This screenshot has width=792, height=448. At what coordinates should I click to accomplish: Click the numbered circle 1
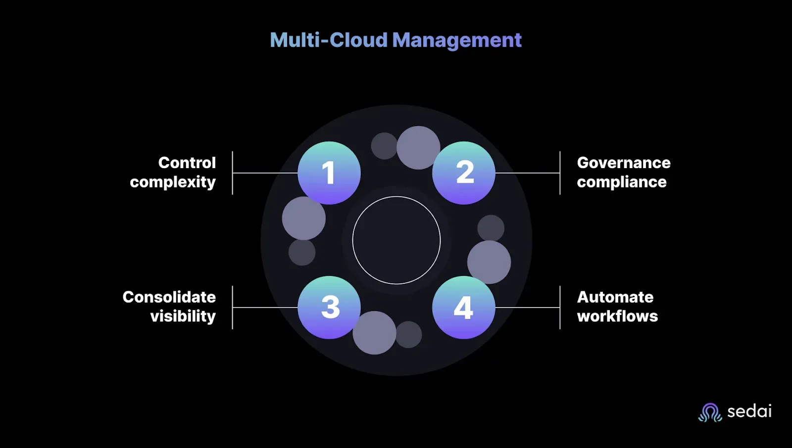pos(329,173)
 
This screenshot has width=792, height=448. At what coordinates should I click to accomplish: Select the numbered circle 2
pos(463,173)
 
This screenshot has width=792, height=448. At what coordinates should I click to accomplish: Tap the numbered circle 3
pos(329,308)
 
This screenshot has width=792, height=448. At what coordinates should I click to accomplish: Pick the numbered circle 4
pos(463,308)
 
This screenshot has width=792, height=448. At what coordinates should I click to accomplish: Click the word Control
pos(187,163)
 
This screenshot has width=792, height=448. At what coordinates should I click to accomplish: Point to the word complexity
pos(173,182)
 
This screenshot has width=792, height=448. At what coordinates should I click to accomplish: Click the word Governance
pos(624,163)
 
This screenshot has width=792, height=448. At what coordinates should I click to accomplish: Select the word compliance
pos(622,182)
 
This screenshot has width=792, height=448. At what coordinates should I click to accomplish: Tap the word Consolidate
pos(169,297)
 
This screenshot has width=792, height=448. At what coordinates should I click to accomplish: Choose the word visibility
pos(183,316)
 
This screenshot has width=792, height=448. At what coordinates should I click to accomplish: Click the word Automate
pos(615,297)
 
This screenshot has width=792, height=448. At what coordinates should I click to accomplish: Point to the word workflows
pos(617,316)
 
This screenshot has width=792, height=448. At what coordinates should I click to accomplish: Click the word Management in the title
pos(457,41)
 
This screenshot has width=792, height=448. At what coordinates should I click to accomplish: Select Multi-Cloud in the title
pos(329,40)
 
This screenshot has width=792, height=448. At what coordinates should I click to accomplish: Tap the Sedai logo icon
pos(710,412)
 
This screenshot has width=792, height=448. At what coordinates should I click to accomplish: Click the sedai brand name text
pos(749,411)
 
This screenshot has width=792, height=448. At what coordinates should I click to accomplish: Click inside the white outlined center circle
pos(396,240)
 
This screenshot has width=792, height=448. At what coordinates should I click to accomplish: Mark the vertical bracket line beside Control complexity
pos(232,173)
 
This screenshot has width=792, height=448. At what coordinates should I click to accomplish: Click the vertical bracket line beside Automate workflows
pos(560,308)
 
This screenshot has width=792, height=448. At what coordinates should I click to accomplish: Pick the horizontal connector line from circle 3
pos(265,308)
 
